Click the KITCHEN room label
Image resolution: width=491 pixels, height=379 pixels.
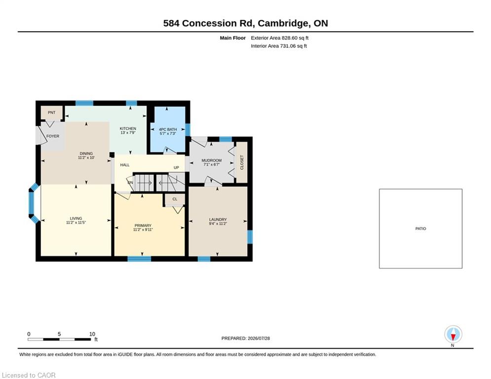[128, 129]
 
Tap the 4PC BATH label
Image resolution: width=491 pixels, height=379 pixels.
[168, 129]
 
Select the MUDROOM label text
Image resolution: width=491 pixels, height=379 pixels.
[211, 160]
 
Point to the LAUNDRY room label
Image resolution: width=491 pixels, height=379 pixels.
[218, 220]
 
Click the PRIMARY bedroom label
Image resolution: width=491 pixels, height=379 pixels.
[143, 226]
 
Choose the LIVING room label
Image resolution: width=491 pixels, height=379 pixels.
[76, 218]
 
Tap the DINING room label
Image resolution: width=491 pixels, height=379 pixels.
[86, 153]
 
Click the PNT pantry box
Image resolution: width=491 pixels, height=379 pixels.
[52, 113]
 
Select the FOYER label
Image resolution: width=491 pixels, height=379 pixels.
[53, 136]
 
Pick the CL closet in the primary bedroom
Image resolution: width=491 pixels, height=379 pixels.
[175, 199]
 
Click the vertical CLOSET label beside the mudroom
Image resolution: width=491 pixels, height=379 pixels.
[242, 162]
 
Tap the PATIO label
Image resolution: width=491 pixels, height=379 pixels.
[420, 228]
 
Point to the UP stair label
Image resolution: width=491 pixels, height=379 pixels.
[176, 168]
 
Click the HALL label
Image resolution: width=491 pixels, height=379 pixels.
[125, 165]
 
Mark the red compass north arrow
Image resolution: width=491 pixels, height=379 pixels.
[453, 337]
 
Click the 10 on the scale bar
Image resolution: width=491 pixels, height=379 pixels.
[92, 334]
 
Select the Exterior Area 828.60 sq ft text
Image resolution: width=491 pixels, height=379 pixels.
[280, 38]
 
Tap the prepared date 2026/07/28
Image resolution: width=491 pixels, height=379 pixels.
[259, 338]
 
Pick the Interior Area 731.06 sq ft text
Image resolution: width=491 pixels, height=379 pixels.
[279, 46]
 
